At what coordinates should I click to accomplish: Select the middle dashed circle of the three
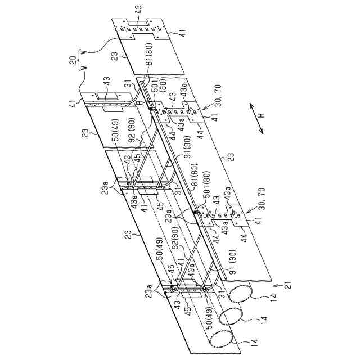pos(236,317)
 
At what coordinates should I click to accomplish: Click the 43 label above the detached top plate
pos(138,10)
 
